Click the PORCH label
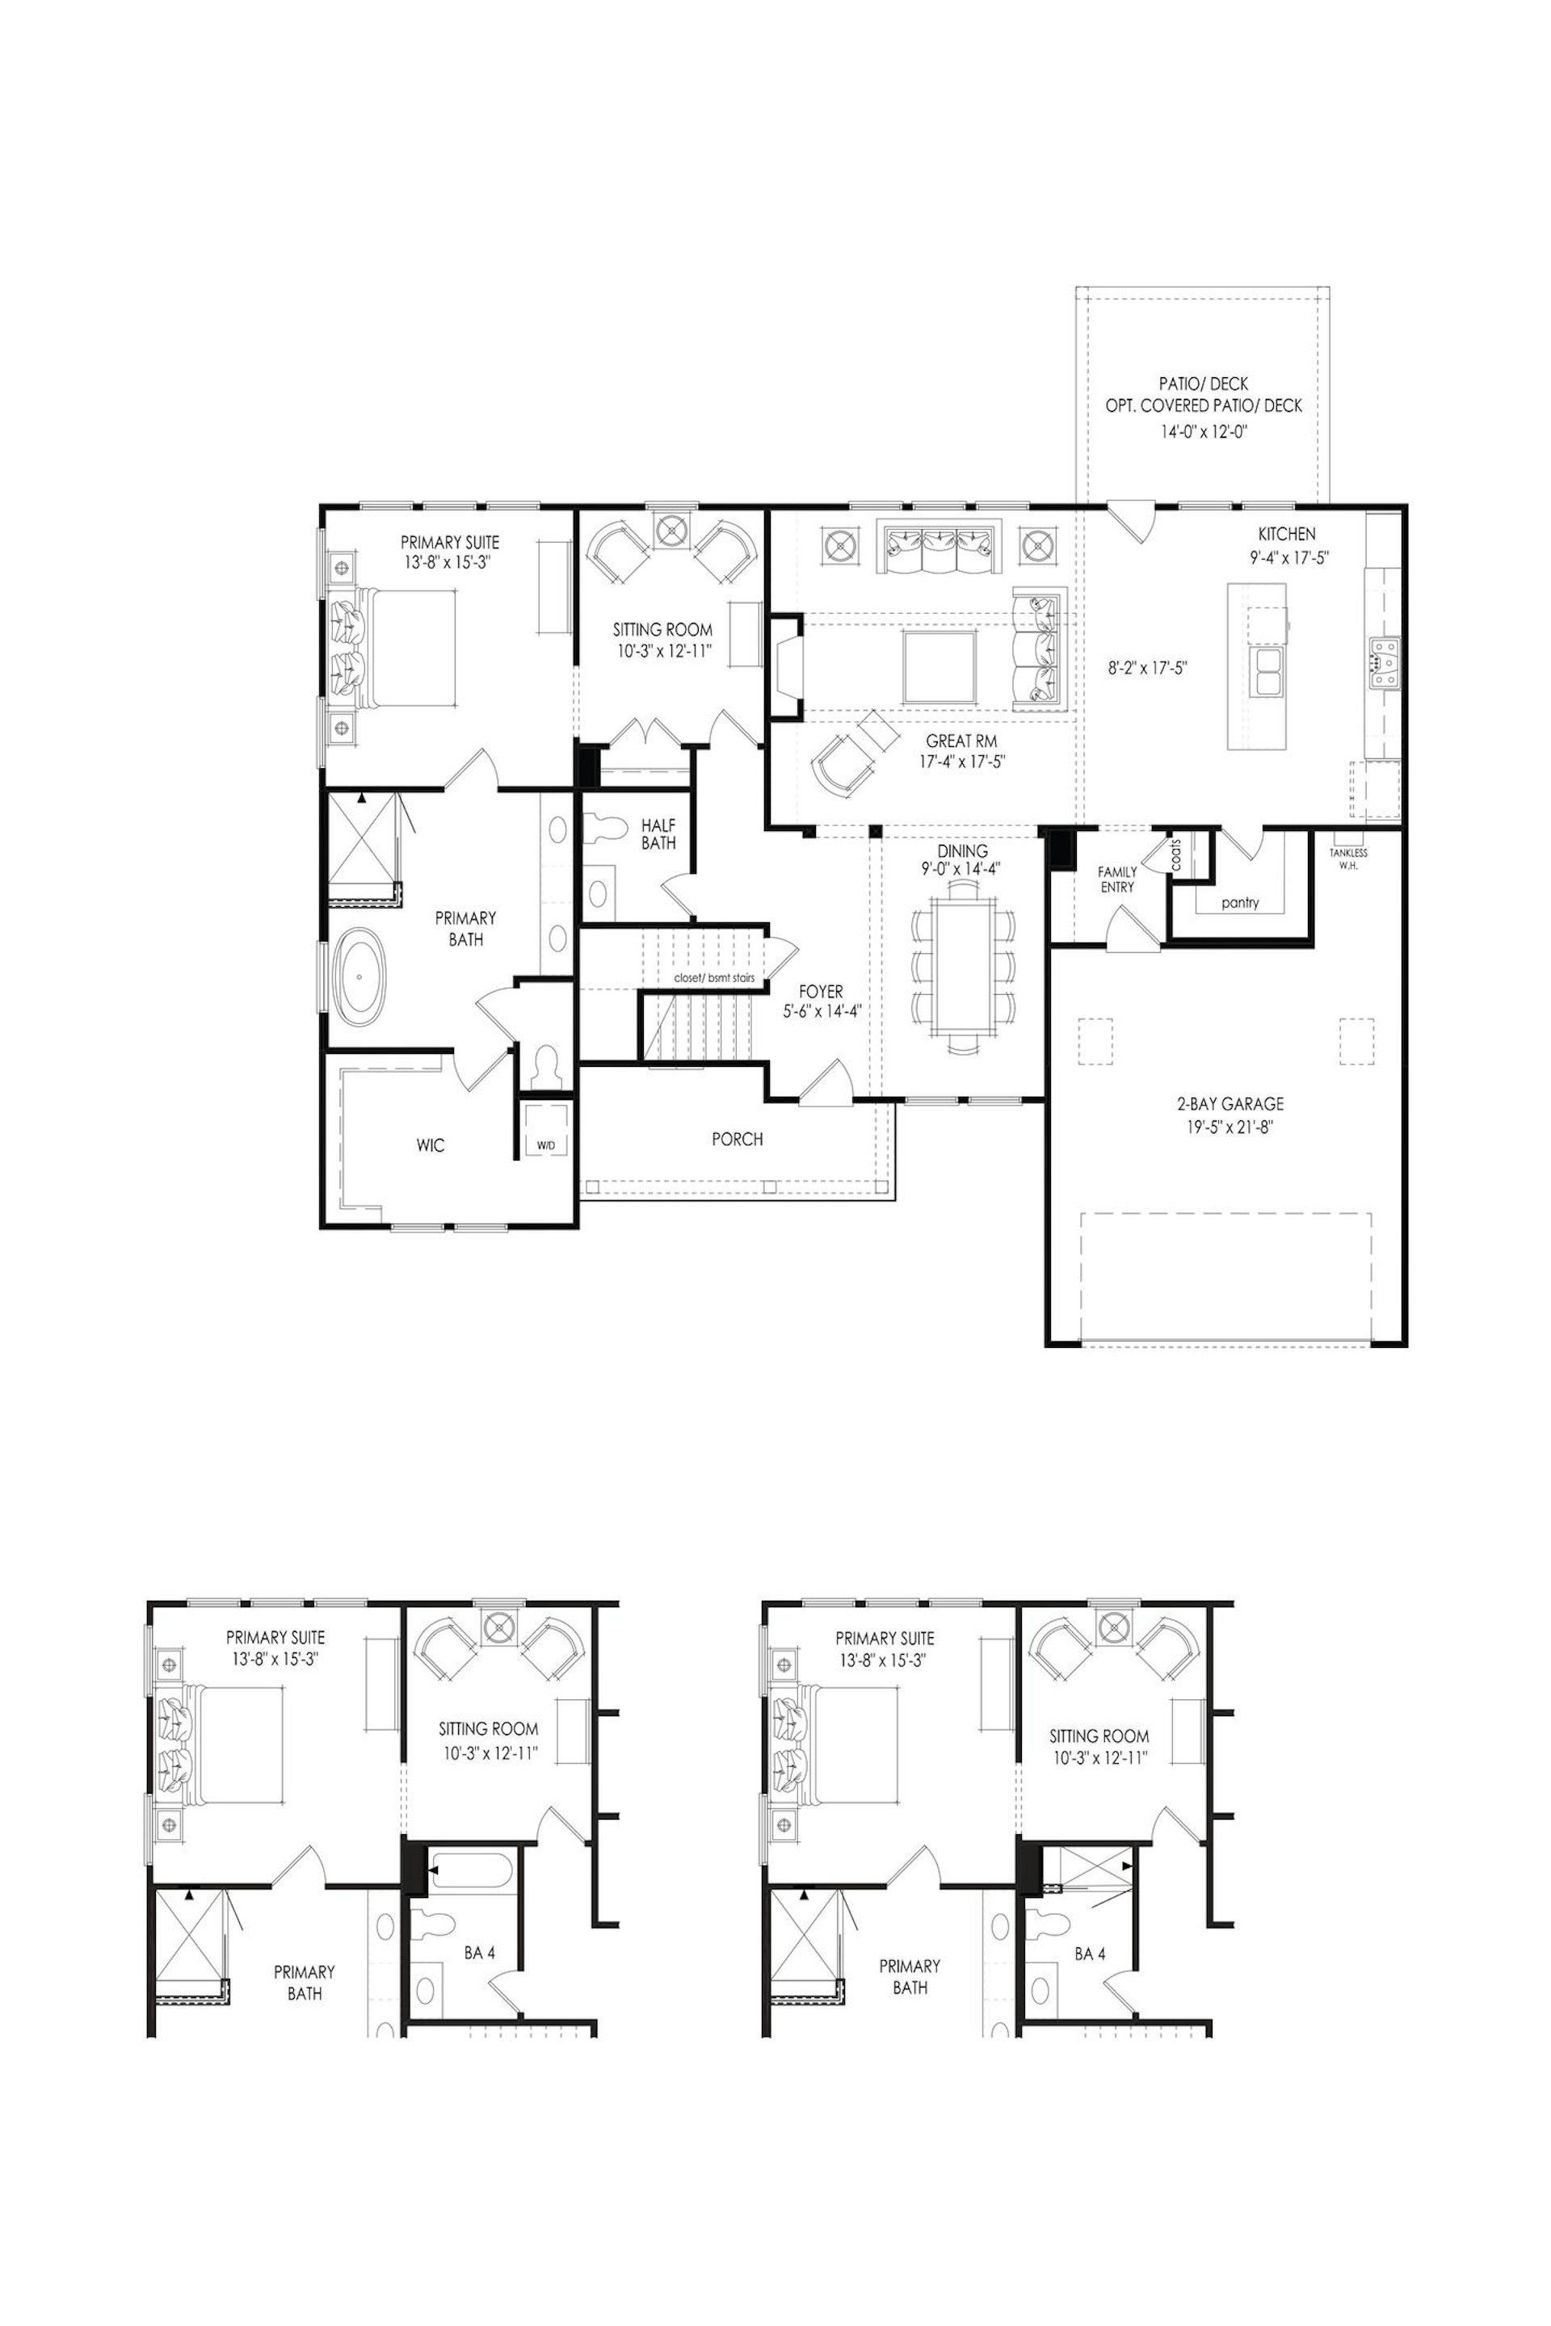(737, 1140)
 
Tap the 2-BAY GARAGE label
(1229, 1104)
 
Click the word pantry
(1239, 902)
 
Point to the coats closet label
(1175, 854)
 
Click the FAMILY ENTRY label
(1116, 880)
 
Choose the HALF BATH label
(658, 833)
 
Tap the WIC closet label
(431, 1145)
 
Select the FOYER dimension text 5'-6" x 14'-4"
(820, 1010)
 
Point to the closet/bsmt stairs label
(714, 978)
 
